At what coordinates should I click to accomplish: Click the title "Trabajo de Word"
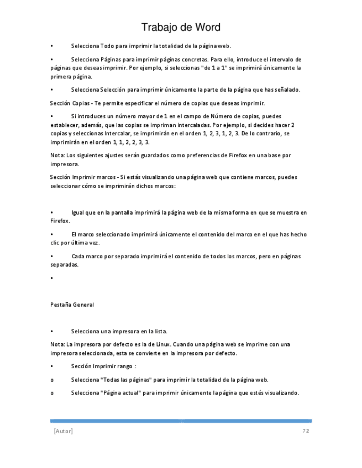pyautogui.click(x=181, y=28)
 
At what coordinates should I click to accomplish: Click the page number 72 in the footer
pyautogui.click(x=305, y=430)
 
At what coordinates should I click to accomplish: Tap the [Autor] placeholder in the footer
pyautogui.click(x=63, y=431)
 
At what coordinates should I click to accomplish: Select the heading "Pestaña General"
pyautogui.click(x=72, y=305)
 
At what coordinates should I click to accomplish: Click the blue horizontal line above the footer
pyautogui.click(x=181, y=421)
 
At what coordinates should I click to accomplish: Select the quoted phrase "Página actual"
pyautogui.click(x=122, y=393)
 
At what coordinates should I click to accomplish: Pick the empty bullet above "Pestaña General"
pyautogui.click(x=51, y=278)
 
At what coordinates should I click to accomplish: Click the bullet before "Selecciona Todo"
pyautogui.click(x=51, y=46)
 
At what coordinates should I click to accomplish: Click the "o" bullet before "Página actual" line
pyautogui.click(x=52, y=393)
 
